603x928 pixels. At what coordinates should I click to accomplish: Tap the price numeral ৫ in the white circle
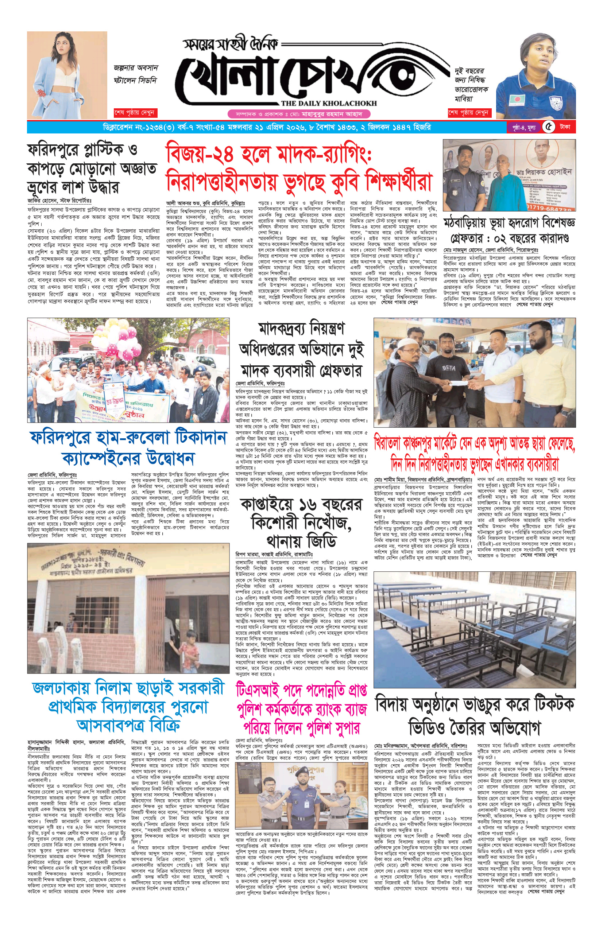[x=549, y=127]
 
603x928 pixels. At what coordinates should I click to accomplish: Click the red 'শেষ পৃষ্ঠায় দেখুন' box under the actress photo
[x=134, y=113]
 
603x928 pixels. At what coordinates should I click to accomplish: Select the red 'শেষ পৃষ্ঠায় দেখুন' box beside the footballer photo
[x=468, y=113]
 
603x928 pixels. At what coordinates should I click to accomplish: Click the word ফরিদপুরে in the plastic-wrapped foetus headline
[x=55, y=150]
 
